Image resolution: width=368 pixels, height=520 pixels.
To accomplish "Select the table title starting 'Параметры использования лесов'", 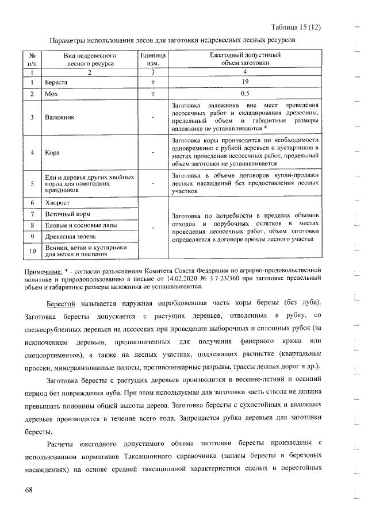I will [172, 42].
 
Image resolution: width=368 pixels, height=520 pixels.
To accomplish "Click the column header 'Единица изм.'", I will [153, 59].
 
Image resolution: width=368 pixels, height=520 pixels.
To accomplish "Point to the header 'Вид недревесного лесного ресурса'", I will [90, 59].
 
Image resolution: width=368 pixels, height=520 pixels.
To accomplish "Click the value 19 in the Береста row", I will [245, 83].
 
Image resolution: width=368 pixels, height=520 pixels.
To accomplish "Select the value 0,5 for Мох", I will [245, 93].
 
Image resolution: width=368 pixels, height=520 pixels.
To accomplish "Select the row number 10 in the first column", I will [32, 251].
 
